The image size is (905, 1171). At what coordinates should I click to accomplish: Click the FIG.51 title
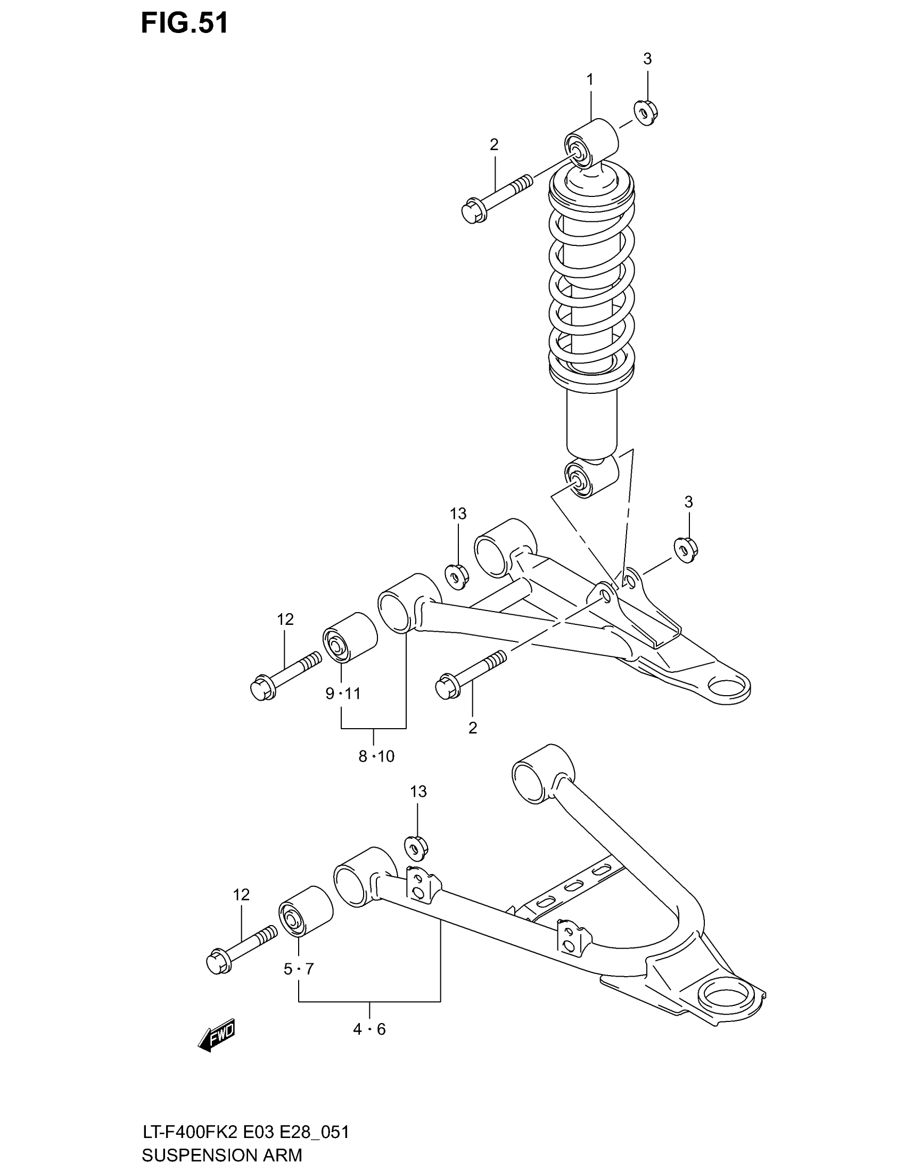point(184,24)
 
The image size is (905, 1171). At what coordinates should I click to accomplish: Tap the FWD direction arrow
point(217,1034)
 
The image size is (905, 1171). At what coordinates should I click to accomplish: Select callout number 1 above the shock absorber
point(590,80)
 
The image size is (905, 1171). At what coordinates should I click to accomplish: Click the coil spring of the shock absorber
point(591,279)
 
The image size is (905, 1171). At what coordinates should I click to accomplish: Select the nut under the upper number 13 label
point(457,577)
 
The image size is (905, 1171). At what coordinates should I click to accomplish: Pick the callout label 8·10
point(376,756)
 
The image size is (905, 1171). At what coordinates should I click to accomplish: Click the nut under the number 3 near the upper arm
point(685,550)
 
